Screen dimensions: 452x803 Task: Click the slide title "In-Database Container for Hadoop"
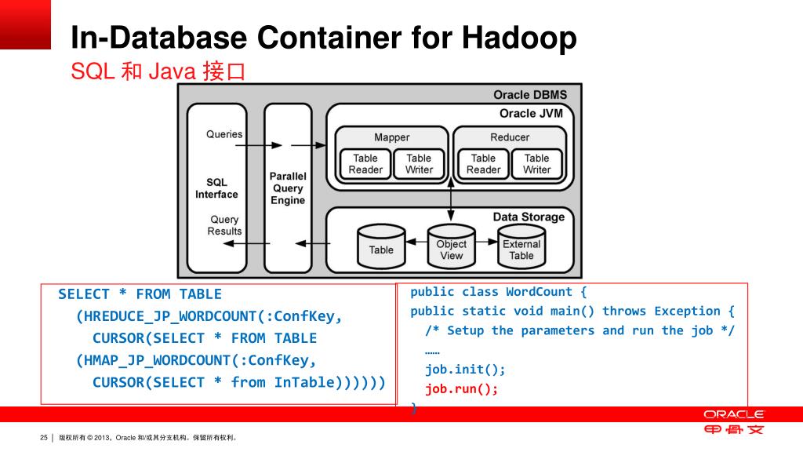pyautogui.click(x=323, y=38)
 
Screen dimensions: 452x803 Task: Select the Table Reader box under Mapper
pyautogui.click(x=365, y=164)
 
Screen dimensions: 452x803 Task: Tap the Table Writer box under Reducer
pyautogui.click(x=537, y=164)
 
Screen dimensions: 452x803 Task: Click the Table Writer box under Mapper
pyautogui.click(x=419, y=164)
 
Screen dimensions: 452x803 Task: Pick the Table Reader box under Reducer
pyautogui.click(x=483, y=164)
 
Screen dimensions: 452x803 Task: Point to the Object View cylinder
pyautogui.click(x=451, y=248)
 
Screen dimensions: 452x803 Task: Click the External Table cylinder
pyautogui.click(x=521, y=248)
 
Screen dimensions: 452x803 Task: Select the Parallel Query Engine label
pyautogui.click(x=288, y=188)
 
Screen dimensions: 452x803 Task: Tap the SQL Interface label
pyautogui.click(x=216, y=188)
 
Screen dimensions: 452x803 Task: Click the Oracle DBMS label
pyautogui.click(x=529, y=95)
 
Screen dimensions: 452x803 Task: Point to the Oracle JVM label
pyautogui.click(x=531, y=113)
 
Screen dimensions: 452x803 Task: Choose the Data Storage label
pyautogui.click(x=528, y=217)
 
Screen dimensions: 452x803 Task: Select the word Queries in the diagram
pyautogui.click(x=224, y=134)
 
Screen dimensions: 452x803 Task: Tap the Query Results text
pyautogui.click(x=224, y=225)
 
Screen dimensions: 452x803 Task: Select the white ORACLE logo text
pyautogui.click(x=733, y=414)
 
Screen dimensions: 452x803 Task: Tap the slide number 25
pyautogui.click(x=44, y=438)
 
